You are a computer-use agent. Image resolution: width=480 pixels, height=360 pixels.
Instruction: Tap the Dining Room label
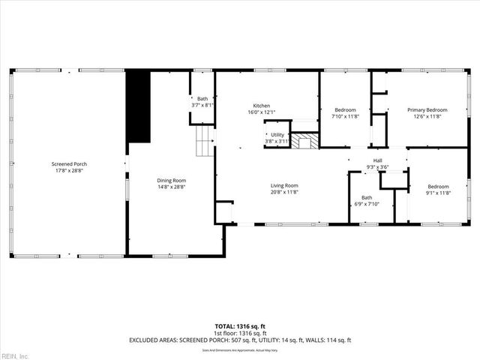click(x=171, y=181)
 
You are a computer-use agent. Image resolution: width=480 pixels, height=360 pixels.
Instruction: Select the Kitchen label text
click(x=261, y=106)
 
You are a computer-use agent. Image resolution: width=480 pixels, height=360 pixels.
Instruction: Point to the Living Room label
click(x=284, y=185)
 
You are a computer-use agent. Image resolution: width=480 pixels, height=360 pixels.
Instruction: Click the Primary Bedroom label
click(x=427, y=110)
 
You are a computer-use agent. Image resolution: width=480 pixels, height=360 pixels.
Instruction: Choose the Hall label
click(x=378, y=160)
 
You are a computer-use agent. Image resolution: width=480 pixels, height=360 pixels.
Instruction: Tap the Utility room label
click(x=277, y=135)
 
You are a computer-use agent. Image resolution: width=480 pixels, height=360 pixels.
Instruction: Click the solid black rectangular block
click(x=139, y=106)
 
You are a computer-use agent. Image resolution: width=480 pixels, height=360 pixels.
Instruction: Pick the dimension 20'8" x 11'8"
click(x=284, y=192)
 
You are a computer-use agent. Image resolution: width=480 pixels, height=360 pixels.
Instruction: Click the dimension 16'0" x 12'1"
click(x=261, y=112)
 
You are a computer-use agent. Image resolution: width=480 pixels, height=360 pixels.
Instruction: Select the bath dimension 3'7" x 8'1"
click(x=202, y=105)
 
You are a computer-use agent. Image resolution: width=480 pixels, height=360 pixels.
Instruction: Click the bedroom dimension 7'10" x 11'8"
click(x=345, y=116)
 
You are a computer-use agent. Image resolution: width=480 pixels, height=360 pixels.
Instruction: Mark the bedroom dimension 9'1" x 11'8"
click(x=438, y=193)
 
